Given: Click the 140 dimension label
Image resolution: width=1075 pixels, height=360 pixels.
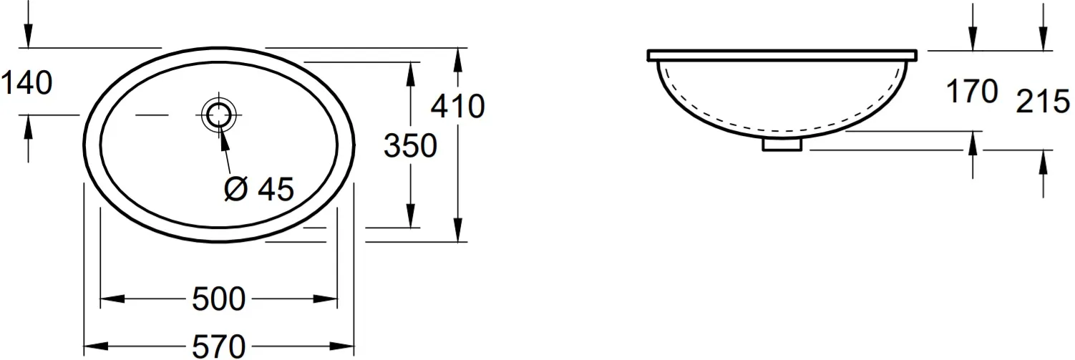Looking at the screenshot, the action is point(27,82).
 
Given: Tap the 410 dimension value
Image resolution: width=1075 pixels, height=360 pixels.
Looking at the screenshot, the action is point(458,106).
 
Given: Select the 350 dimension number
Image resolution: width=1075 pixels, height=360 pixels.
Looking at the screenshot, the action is point(410,145).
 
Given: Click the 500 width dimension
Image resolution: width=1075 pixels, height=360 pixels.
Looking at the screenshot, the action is point(219,299).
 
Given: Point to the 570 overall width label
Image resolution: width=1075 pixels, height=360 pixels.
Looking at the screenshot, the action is point(219,346).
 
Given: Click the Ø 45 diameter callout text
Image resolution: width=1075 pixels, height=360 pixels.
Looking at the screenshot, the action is point(258,189).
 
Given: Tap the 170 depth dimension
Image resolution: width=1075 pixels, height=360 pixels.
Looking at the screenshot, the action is point(972,91).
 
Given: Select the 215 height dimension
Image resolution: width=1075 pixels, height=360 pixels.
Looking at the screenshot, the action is point(1043,102).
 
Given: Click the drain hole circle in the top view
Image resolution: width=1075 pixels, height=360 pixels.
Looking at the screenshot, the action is point(219,115).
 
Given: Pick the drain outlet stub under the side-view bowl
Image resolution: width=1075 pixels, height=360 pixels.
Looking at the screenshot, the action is point(782,144).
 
